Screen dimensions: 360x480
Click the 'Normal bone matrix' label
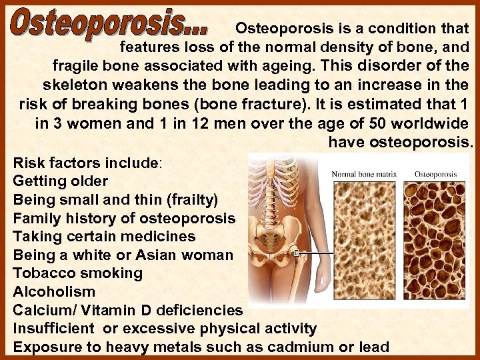364,175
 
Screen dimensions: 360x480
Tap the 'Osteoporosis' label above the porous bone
435,175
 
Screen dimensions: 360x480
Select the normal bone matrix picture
364,240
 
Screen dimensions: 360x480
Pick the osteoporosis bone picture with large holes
437,240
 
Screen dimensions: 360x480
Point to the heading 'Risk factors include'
86,163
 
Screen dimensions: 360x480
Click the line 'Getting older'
60,181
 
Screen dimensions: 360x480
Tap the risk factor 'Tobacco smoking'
77,273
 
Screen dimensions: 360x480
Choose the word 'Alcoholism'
54,292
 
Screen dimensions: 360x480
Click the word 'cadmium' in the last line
296,347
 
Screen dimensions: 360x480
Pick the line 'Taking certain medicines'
104,237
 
